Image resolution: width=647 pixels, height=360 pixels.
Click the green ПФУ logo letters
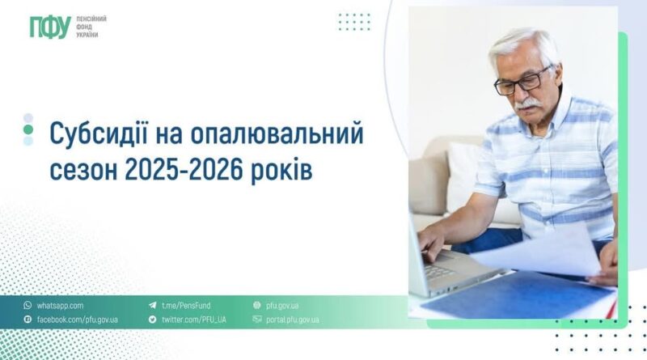pyautogui.click(x=50, y=28)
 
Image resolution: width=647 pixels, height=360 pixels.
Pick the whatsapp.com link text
pyautogui.click(x=60, y=306)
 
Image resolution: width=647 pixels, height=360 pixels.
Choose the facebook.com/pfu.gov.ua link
pyautogui.click(x=77, y=320)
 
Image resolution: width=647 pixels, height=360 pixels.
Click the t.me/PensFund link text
pyautogui.click(x=186, y=306)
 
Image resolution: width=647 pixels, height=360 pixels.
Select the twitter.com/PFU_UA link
pyautogui.click(x=193, y=320)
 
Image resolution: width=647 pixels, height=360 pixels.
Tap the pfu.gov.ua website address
pyautogui.click(x=282, y=306)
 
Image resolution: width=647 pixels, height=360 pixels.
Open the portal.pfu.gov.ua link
pyautogui.click(x=292, y=320)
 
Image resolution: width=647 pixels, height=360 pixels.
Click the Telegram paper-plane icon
pyautogui.click(x=153, y=306)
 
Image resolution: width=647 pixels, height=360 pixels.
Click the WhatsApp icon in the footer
pyautogui.click(x=27, y=305)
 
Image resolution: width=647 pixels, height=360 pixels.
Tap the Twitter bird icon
pyautogui.click(x=153, y=319)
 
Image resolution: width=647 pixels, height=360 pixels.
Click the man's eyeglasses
pyautogui.click(x=522, y=82)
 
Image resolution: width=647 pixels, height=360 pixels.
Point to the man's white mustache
pyautogui.click(x=528, y=104)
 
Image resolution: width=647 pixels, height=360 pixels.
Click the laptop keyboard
pyautogui.click(x=438, y=271)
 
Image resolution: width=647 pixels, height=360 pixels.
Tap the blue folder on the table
pyautogui.click(x=516, y=295)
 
